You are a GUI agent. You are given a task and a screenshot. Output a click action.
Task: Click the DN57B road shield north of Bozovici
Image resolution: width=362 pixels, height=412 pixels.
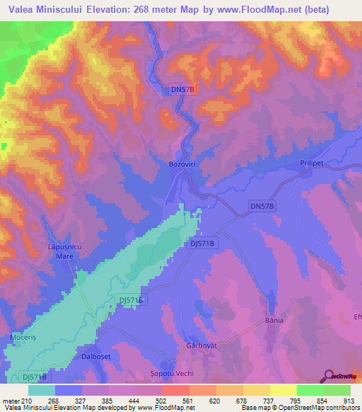pyautogui.click(x=183, y=90)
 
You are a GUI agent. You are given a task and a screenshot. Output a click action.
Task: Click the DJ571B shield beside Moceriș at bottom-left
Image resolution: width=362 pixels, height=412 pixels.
pyautogui.click(x=34, y=378)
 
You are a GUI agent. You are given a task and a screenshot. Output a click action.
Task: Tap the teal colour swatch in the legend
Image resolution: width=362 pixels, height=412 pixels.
pyautogui.click(x=42, y=390)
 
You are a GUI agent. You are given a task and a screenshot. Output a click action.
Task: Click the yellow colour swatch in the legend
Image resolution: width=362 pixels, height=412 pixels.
pyautogui.click(x=284, y=390)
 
